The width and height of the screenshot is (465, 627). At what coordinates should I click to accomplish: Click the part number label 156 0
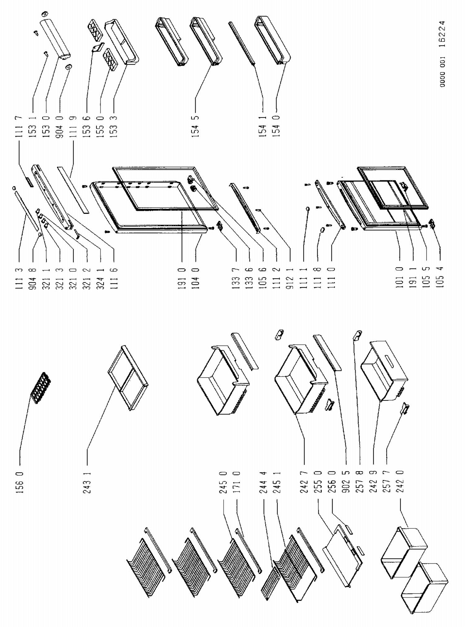point(20,482)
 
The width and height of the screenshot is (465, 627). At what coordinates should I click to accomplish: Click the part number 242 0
point(400,482)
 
